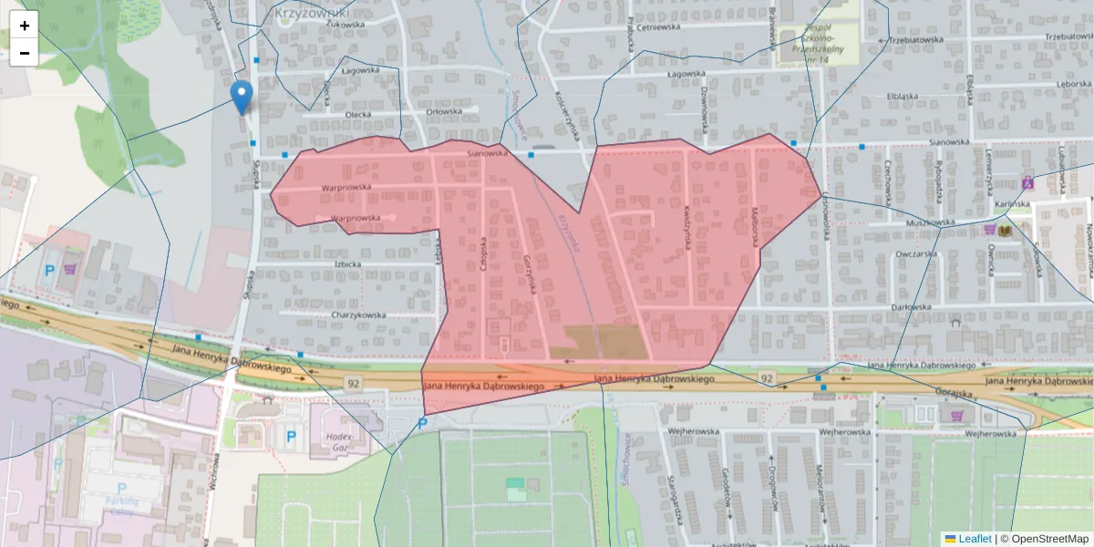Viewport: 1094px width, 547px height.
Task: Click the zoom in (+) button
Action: coord(25,26)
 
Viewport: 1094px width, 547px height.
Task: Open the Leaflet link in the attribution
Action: coord(975,539)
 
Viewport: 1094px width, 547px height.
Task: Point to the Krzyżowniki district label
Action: coord(311,14)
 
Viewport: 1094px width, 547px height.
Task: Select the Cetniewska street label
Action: coord(661,26)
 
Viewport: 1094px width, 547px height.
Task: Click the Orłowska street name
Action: coord(444,111)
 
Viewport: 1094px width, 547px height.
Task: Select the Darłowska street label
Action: coord(916,307)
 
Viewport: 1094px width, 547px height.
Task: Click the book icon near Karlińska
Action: coord(1006,232)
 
